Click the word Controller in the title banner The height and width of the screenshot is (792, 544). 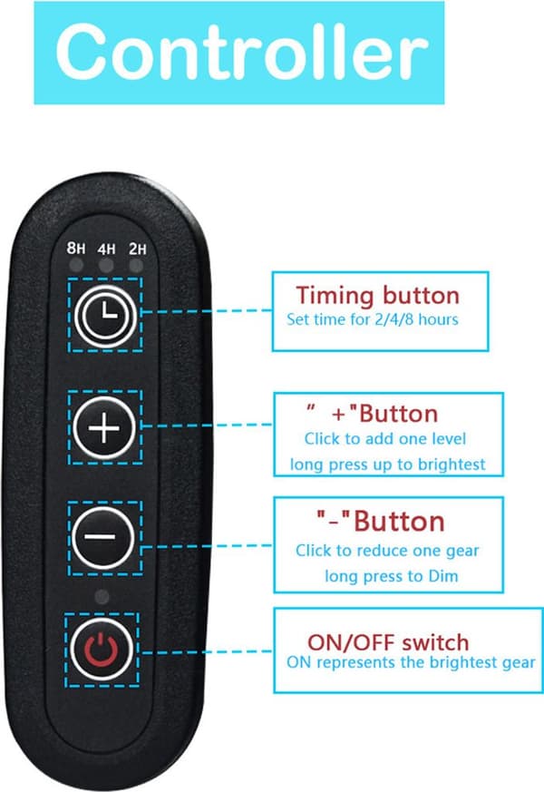click(x=242, y=52)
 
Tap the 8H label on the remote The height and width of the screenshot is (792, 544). click(x=75, y=248)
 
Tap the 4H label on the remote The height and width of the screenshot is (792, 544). click(x=106, y=249)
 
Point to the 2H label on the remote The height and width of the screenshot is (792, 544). click(x=137, y=249)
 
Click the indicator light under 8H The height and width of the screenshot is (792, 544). click(x=75, y=265)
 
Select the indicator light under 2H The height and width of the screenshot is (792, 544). click(x=136, y=265)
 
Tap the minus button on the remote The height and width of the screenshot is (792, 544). click(x=103, y=537)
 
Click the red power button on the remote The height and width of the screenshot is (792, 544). click(x=102, y=649)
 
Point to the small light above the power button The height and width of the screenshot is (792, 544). click(x=102, y=597)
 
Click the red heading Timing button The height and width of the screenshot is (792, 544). click(x=377, y=296)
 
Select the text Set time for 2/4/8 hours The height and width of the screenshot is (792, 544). click(x=373, y=319)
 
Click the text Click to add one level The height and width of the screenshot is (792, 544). click(x=385, y=438)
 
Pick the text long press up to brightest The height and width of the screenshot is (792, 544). click(x=387, y=464)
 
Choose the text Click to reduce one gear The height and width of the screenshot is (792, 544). click(x=387, y=551)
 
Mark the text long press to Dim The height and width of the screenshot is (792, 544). click(x=391, y=576)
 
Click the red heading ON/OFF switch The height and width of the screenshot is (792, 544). click(x=388, y=642)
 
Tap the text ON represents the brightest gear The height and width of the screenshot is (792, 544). click(x=411, y=662)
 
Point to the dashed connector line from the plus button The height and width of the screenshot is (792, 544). click(x=208, y=425)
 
